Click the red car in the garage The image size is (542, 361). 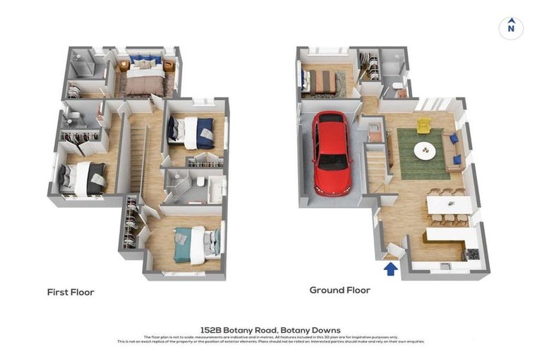[332, 153]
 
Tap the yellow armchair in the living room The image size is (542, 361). [423, 126]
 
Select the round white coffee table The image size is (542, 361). [425, 149]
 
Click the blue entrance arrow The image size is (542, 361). [390, 268]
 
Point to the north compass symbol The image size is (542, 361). [511, 28]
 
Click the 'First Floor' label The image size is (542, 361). [71, 292]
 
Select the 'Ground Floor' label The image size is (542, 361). [339, 290]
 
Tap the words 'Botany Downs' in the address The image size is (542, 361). [311, 330]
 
